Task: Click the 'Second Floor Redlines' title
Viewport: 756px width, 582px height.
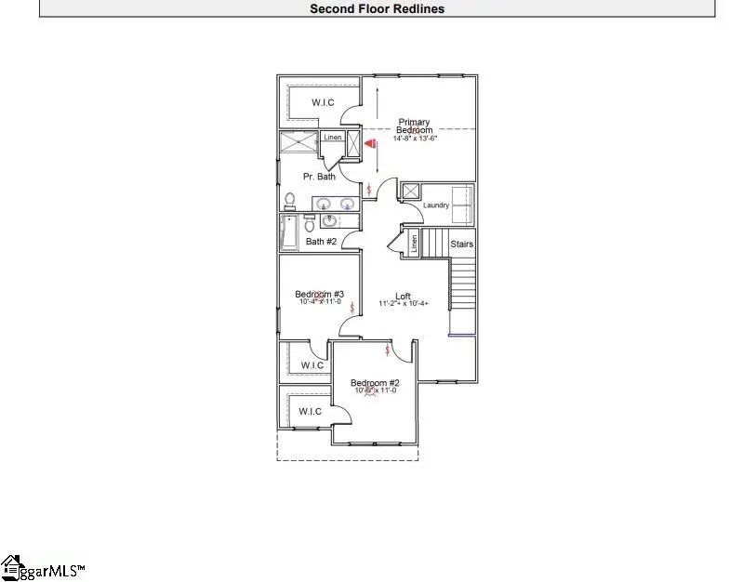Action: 377,9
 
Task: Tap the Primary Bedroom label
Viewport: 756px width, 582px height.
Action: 415,126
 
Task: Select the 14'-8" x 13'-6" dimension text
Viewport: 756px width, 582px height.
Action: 415,139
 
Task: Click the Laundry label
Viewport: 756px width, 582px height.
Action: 436,205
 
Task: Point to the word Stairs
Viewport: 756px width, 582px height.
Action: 462,245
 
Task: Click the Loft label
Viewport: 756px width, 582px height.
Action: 403,296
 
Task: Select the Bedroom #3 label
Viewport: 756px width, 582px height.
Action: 320,294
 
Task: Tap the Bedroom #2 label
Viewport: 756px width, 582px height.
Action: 375,383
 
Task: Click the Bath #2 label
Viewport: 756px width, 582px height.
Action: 322,243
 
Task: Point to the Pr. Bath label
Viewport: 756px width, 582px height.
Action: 320,177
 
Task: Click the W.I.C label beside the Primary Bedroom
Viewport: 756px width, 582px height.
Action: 323,102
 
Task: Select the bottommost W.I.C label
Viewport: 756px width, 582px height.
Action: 311,411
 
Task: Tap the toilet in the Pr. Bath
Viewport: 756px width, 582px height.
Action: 289,201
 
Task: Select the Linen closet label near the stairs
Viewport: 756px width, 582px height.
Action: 412,244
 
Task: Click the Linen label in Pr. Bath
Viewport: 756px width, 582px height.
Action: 333,138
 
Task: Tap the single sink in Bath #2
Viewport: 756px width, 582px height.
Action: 330,221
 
